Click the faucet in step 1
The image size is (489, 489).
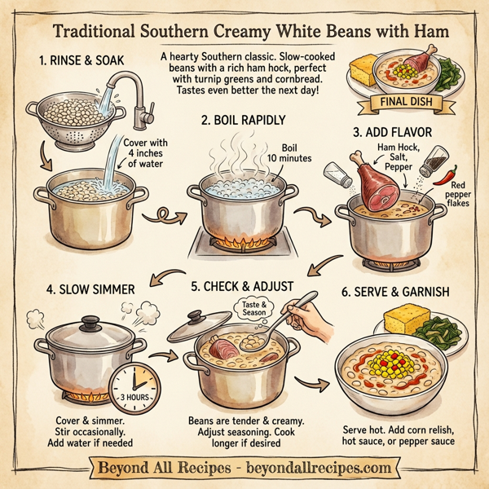(130, 90)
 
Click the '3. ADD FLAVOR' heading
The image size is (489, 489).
(395, 130)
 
